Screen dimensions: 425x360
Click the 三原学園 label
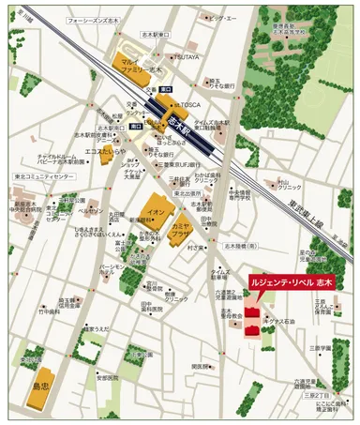(x=324, y=348)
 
